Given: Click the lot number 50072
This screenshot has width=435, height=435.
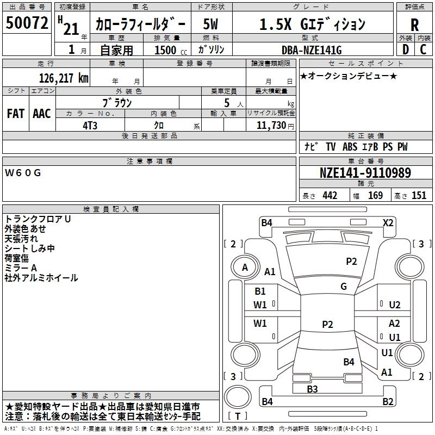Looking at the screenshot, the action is [x=27, y=23].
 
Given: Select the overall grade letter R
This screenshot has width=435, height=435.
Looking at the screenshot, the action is [x=414, y=25].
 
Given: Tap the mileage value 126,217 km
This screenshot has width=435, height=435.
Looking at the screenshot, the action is [x=64, y=78].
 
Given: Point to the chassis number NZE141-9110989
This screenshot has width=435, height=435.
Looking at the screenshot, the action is [x=365, y=172].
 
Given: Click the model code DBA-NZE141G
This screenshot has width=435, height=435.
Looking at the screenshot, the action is [x=312, y=50].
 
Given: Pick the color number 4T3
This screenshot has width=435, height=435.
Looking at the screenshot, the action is [x=90, y=126].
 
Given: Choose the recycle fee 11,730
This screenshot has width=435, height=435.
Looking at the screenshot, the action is [x=271, y=126].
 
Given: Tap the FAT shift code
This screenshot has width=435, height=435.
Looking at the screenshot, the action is [x=16, y=114].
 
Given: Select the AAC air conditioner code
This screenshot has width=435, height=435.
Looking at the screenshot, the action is [x=42, y=114].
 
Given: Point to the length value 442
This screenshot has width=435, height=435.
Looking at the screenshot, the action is [x=330, y=196].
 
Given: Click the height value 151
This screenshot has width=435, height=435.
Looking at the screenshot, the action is [x=419, y=196].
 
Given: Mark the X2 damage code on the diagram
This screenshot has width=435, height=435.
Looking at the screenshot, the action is [x=388, y=223].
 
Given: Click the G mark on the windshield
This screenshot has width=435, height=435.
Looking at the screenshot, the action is [x=344, y=286].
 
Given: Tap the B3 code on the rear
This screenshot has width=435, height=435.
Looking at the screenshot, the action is [x=312, y=389].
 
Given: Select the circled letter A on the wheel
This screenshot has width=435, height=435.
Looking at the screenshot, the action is [x=245, y=268].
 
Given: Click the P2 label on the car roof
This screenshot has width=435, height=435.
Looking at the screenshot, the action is [x=327, y=324].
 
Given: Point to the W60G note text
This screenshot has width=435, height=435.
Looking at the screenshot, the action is [x=23, y=173].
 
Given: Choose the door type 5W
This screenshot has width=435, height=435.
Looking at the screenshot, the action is [x=210, y=24].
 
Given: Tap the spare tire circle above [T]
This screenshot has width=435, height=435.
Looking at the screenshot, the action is [x=238, y=397].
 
